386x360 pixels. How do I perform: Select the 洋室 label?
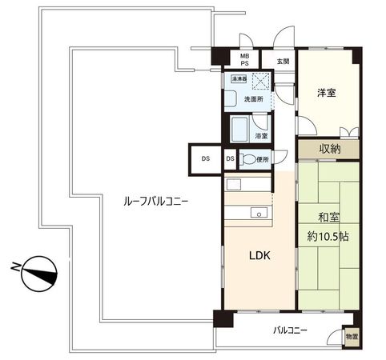(326, 93)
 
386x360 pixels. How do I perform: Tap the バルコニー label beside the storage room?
(290, 330)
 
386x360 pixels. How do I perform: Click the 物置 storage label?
(352, 337)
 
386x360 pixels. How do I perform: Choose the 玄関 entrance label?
(283, 61)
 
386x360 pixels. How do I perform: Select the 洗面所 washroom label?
(243, 90)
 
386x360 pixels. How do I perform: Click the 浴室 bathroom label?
(261, 137)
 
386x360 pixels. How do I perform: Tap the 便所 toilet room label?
(263, 159)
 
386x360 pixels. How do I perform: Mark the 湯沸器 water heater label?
(239, 79)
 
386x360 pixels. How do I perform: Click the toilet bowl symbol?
(247, 160)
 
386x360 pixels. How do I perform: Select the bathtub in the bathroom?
(239, 129)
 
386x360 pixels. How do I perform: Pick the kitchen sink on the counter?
(258, 212)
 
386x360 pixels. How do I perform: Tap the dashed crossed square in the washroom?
(260, 82)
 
